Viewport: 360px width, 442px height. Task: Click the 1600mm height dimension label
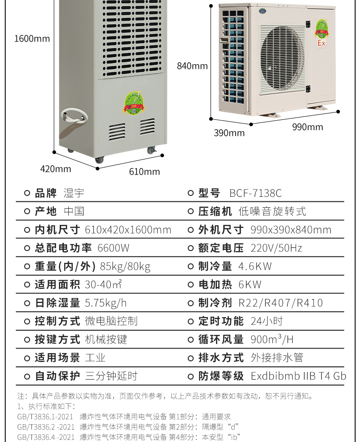(x=32, y=38)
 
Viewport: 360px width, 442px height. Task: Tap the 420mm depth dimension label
(x=56, y=169)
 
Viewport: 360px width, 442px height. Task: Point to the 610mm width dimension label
(x=144, y=171)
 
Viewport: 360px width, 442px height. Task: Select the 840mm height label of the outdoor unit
(x=192, y=66)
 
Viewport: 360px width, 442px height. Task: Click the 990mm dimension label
(x=307, y=127)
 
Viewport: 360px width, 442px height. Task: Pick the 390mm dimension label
(x=229, y=133)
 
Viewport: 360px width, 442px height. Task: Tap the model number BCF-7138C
(x=255, y=193)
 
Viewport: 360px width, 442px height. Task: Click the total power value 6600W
(x=113, y=248)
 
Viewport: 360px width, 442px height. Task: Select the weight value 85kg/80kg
(x=125, y=267)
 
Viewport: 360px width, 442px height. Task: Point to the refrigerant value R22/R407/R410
(x=281, y=303)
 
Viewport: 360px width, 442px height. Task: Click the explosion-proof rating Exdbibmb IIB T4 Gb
(x=298, y=376)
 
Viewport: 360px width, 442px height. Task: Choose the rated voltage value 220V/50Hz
(x=276, y=248)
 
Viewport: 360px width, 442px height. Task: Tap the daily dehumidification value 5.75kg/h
(x=106, y=303)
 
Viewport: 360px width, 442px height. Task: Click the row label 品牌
(x=46, y=193)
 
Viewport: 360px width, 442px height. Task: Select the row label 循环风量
(x=221, y=339)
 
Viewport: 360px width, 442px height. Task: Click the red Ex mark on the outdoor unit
(x=321, y=43)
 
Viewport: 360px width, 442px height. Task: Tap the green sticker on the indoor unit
(x=134, y=103)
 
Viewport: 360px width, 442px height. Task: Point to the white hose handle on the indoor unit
(x=74, y=118)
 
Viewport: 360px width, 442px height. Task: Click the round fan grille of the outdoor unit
(x=282, y=60)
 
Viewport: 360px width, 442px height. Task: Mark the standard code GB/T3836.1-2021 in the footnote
(x=45, y=416)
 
